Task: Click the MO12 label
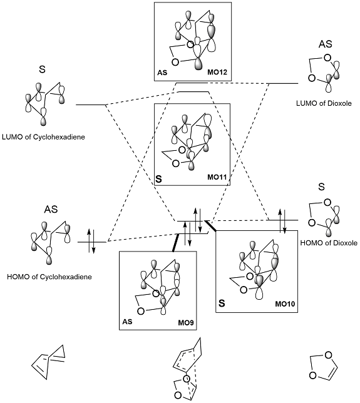(217, 72)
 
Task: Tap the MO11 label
(217, 177)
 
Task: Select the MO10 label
(285, 304)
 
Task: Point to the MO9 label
(186, 322)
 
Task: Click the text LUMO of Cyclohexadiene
(43, 137)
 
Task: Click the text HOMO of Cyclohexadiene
(49, 277)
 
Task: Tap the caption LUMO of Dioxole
(324, 103)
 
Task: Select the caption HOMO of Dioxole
(329, 243)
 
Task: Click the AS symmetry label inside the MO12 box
(162, 73)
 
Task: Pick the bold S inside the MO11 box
(159, 179)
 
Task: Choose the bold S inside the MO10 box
(222, 304)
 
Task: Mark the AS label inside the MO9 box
(127, 322)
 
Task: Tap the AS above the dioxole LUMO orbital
(326, 44)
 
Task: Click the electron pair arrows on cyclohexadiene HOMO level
(91, 241)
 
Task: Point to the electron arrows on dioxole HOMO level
(282, 221)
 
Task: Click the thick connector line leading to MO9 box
(175, 242)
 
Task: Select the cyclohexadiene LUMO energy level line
(91, 105)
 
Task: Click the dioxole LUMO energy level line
(284, 83)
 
